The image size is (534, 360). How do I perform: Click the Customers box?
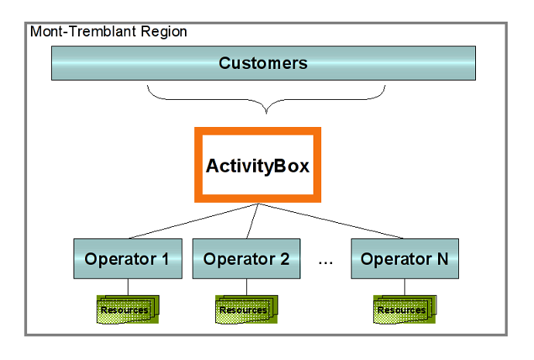tap(263, 63)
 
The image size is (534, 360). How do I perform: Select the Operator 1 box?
tap(128, 259)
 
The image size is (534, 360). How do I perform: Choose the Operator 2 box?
tap(246, 259)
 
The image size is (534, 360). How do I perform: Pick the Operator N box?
tap(405, 259)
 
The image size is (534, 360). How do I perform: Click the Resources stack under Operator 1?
tap(128, 309)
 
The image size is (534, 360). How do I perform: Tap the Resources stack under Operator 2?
tap(246, 309)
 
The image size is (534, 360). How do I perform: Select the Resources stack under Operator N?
tap(405, 309)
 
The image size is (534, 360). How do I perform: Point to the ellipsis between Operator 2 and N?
tap(326, 263)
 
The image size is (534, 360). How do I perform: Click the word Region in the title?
tap(164, 32)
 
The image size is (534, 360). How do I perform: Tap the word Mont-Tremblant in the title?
tap(84, 31)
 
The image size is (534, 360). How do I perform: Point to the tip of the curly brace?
tap(266, 113)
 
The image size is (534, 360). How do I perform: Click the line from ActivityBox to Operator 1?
tap(193, 221)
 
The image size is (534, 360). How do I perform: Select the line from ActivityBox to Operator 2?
tap(252, 221)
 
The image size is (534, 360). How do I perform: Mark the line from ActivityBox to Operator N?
tap(331, 221)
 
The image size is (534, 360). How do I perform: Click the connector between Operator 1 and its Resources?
tap(128, 286)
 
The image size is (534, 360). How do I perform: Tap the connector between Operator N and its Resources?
tap(405, 286)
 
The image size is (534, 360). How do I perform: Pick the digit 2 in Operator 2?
tap(285, 259)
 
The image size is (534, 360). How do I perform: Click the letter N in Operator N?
tap(443, 259)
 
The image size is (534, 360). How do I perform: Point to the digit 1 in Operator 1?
tap(166, 259)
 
